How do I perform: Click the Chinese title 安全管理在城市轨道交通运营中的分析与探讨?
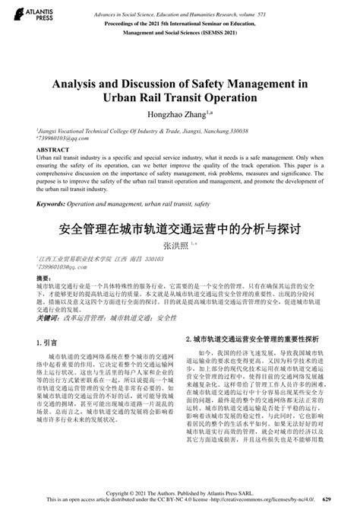pyautogui.click(x=180, y=227)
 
